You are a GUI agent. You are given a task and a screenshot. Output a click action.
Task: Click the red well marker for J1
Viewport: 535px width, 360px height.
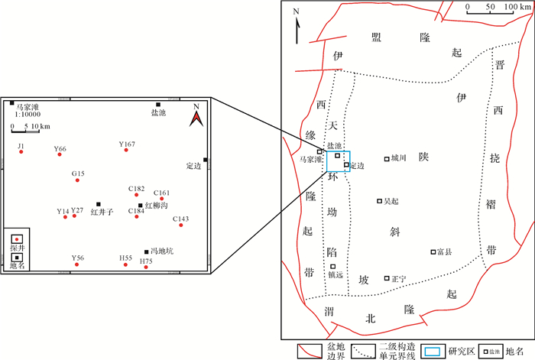click(21, 152)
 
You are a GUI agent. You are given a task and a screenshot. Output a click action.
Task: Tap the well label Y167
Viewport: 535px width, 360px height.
click(127, 144)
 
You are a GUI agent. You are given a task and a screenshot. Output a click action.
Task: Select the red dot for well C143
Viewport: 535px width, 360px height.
click(181, 225)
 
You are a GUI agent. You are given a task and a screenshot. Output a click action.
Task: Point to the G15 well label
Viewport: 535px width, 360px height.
click(78, 174)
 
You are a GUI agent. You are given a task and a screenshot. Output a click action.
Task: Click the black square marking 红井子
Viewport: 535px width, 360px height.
click(99, 204)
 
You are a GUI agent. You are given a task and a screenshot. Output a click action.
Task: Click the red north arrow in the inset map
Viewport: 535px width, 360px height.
click(196, 118)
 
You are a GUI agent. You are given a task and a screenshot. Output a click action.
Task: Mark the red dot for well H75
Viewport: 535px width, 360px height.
click(146, 268)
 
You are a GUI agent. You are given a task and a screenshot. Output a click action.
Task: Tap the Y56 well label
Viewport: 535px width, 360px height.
click(78, 258)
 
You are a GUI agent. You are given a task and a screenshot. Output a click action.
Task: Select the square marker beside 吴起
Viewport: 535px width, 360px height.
click(379, 201)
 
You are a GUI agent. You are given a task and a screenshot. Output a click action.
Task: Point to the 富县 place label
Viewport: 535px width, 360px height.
click(445, 251)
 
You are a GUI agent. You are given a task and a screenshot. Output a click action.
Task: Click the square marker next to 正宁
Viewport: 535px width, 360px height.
click(387, 278)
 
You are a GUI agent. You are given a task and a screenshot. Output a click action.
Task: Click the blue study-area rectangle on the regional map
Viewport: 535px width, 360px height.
click(338, 161)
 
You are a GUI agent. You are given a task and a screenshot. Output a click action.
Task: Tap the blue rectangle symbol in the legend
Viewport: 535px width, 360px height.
click(432, 351)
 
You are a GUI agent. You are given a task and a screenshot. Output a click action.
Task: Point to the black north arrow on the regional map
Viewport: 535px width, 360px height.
click(297, 21)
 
